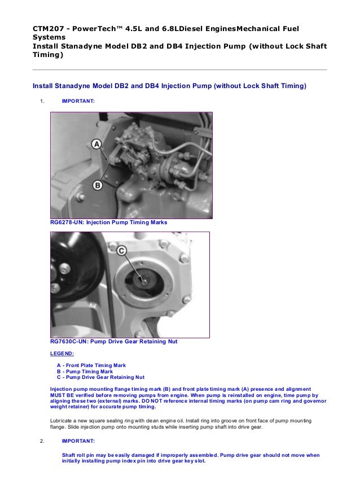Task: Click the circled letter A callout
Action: (x=96, y=144)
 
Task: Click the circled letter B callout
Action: (x=98, y=185)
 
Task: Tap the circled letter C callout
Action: (x=121, y=251)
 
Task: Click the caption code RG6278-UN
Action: (x=67, y=222)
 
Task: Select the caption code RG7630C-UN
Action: (x=69, y=342)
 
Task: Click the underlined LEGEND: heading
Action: (x=62, y=354)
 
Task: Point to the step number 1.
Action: (x=42, y=101)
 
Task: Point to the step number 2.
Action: (x=42, y=441)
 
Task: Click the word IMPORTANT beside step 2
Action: (x=78, y=441)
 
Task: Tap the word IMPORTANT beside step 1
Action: (x=78, y=101)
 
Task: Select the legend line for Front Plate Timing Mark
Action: (x=91, y=365)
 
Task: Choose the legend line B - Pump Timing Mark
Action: (x=85, y=372)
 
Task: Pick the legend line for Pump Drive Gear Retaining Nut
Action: (x=100, y=377)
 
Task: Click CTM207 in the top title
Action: (x=47, y=29)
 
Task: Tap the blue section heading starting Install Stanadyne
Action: (x=169, y=86)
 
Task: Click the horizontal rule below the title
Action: (x=179, y=69)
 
